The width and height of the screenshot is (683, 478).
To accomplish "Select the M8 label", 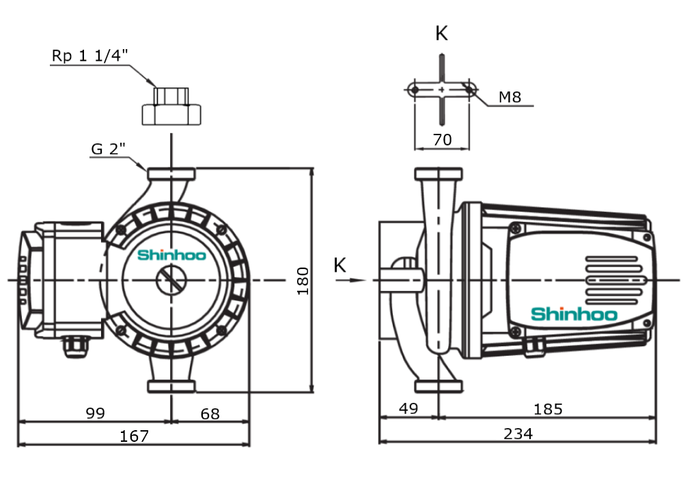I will point(510,98).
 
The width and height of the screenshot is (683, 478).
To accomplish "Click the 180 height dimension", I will point(303,281).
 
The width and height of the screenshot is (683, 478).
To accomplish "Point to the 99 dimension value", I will point(96,414).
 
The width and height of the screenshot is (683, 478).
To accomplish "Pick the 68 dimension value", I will point(210,414).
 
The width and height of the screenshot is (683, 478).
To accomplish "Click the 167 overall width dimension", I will point(135,436).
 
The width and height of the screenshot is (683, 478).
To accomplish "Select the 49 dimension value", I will point(408,409).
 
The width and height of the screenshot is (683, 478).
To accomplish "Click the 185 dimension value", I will point(548,409).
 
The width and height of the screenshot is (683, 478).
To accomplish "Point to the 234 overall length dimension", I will point(518,434).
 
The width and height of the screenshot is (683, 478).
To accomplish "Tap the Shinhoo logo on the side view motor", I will point(574,314).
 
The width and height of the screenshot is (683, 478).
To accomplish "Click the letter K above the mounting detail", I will point(442,33).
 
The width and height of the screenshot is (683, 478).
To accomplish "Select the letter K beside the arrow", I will point(340,266).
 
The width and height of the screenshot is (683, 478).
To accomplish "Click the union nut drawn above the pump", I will point(171,109).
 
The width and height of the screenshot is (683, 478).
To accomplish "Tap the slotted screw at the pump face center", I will point(170,280).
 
